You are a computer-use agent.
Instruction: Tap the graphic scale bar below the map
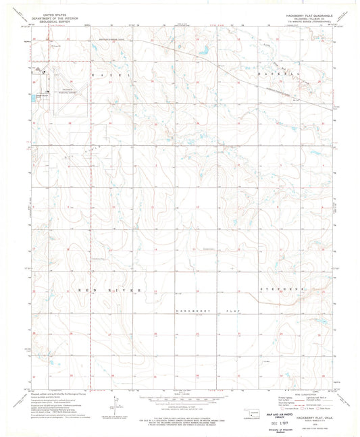point(179,395)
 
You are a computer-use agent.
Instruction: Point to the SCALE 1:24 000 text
point(179,390)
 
